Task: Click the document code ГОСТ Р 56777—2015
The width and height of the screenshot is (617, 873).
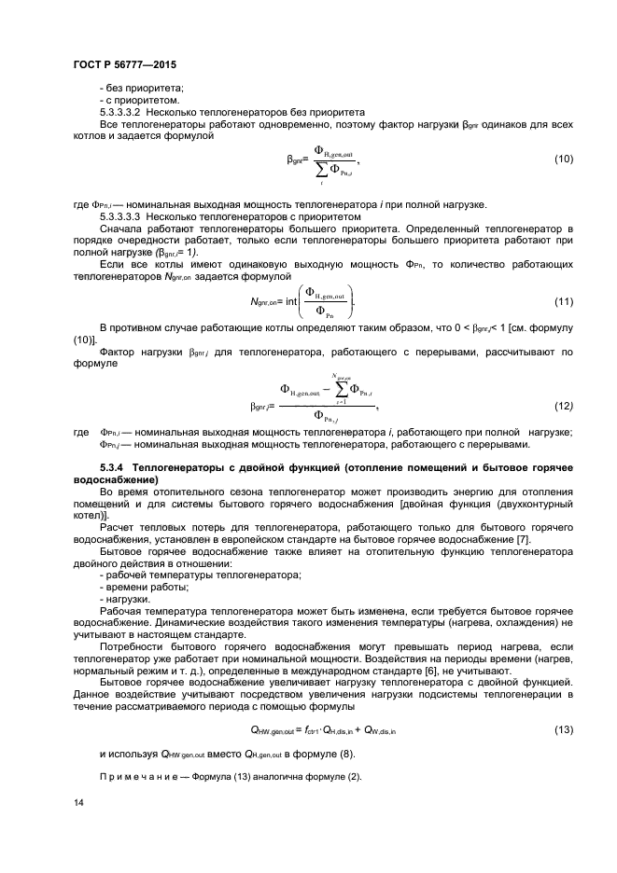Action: coord(125,64)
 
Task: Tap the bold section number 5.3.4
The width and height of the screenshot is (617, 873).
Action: coord(114,464)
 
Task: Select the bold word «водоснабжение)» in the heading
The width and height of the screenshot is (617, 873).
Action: coord(115,477)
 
